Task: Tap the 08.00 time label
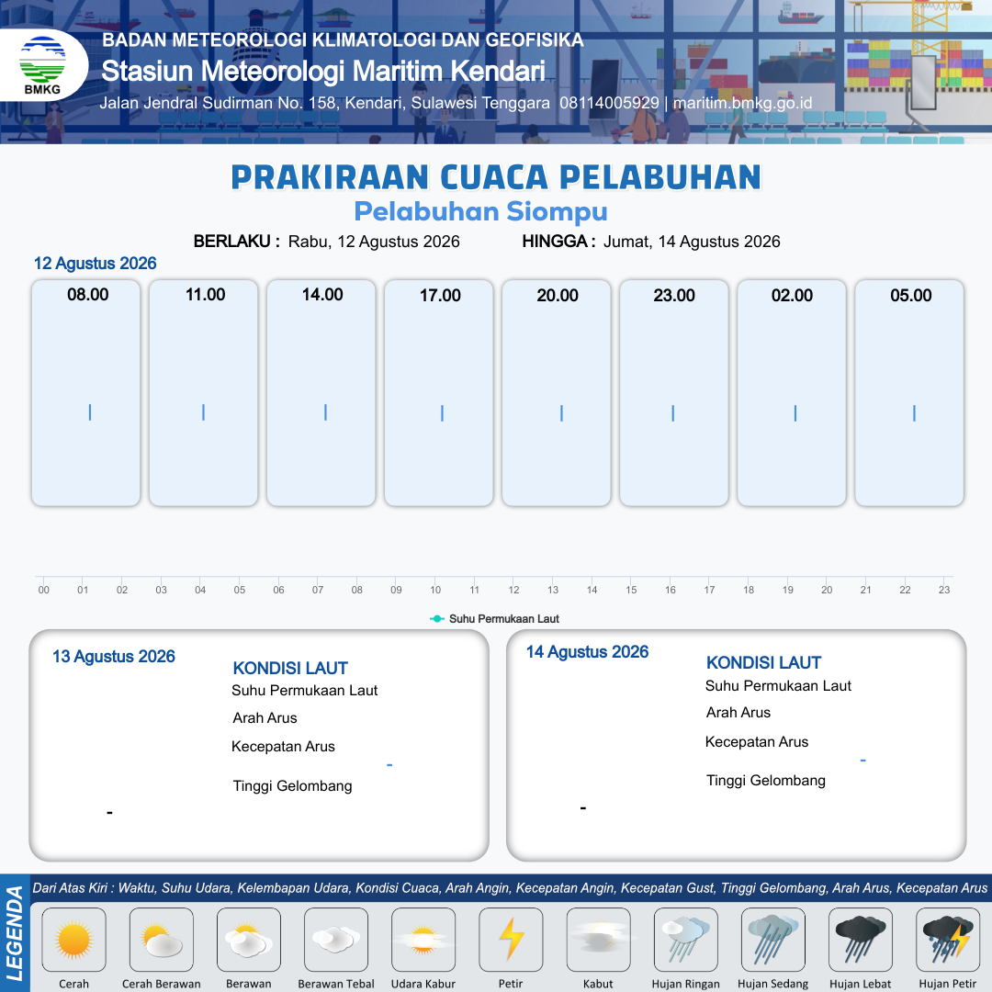(x=88, y=295)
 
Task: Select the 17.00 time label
(x=440, y=296)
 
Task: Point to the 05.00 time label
(x=911, y=296)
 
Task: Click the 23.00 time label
(x=674, y=296)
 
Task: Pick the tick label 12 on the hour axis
(x=513, y=590)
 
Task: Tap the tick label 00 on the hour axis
(x=44, y=590)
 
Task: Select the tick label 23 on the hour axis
(x=944, y=590)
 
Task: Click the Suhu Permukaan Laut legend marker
(x=436, y=619)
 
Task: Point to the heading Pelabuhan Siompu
(x=480, y=211)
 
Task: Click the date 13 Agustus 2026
(x=114, y=657)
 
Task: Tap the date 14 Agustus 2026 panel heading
(x=588, y=651)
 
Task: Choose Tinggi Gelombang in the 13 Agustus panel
(x=292, y=786)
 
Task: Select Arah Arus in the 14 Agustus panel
(x=738, y=713)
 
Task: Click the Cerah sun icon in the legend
(x=73, y=940)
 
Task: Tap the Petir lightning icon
(x=512, y=939)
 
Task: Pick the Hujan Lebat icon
(x=861, y=940)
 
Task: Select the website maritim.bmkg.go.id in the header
(x=743, y=103)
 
